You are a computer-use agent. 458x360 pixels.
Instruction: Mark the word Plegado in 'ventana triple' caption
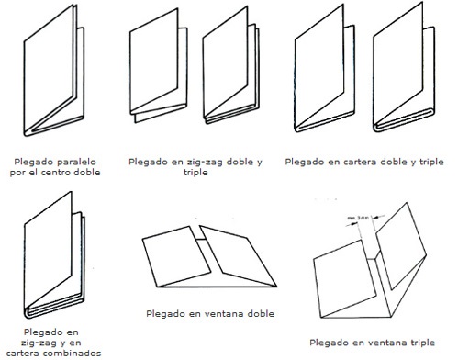330,342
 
